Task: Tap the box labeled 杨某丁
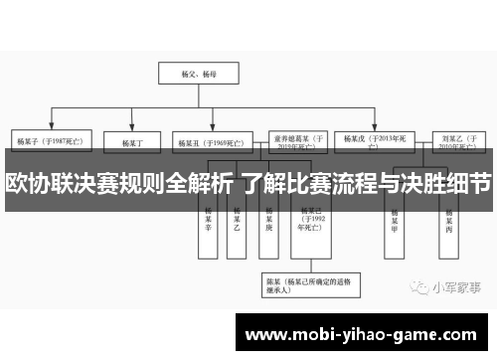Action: click(133, 141)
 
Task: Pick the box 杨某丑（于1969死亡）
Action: click(204, 141)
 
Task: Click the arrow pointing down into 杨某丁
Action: click(133, 127)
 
